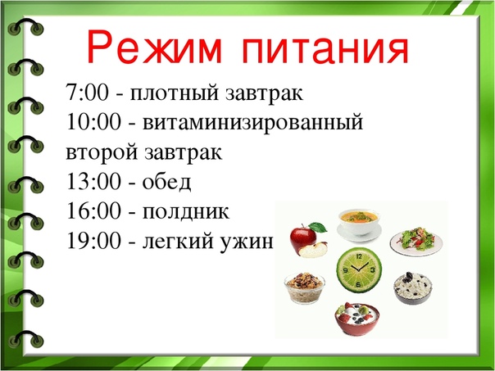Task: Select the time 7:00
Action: [x=87, y=93]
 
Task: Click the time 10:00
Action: [x=93, y=122]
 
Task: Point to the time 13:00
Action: [x=93, y=182]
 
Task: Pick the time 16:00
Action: [x=93, y=211]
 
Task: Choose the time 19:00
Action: [x=93, y=241]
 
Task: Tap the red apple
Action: [x=308, y=240]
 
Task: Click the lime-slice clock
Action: [x=359, y=269]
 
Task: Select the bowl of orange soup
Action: [x=359, y=224]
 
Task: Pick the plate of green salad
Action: [x=416, y=241]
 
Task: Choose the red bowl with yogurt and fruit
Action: [x=357, y=319]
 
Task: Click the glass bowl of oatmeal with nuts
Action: [x=305, y=287]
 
